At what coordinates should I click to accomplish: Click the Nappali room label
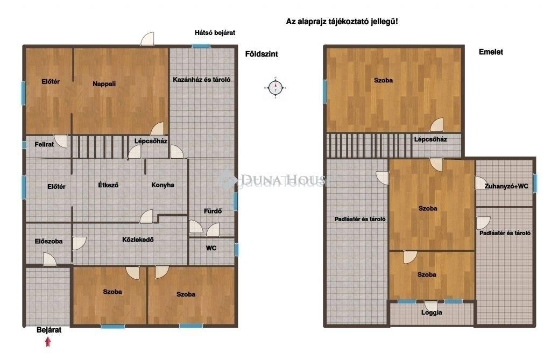coord(104,83)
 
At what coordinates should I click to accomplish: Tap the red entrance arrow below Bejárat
coord(48,342)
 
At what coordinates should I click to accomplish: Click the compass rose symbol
coord(275,88)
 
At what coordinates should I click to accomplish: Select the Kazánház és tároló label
coord(202,80)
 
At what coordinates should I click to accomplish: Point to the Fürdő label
coord(213,211)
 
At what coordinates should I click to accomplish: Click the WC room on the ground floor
coord(211,251)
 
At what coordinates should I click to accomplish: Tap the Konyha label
coord(163,185)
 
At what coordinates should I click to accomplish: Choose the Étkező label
coord(108,185)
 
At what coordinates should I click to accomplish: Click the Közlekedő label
coord(138,240)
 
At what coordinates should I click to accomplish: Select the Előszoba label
coord(48,241)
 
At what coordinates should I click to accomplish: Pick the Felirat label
coord(44,144)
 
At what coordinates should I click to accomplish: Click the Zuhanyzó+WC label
coord(506,186)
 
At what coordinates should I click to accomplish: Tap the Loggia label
coord(432,313)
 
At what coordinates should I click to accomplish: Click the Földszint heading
coord(262,54)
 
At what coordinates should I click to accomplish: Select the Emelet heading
coord(491,52)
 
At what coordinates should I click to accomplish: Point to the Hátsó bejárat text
coord(215,33)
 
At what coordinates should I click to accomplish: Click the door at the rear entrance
coord(147,39)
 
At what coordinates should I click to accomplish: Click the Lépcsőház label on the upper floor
coord(430,139)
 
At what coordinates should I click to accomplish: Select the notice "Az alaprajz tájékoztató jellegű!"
coord(342,22)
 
